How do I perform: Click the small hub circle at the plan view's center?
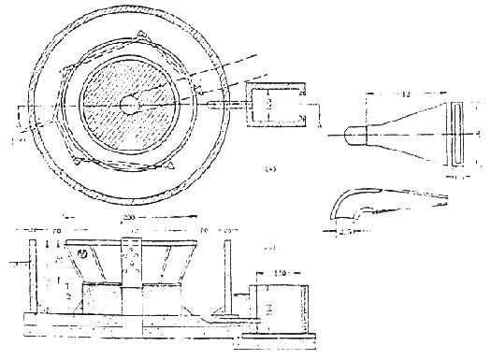point(129,105)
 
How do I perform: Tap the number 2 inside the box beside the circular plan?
point(268,106)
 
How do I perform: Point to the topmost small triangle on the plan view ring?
point(137,36)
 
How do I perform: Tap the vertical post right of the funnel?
point(226,280)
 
